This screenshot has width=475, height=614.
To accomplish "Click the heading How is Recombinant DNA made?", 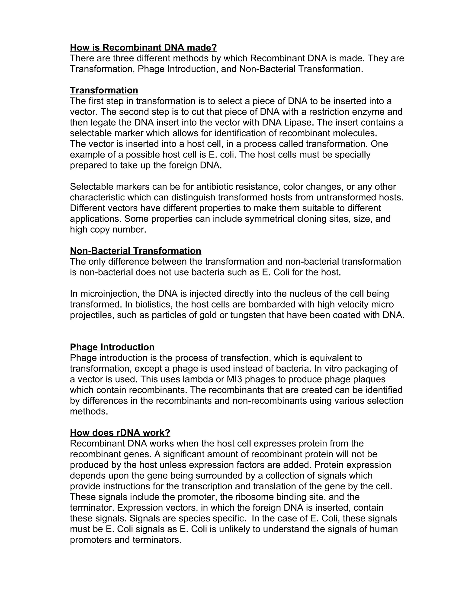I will click(x=143, y=47).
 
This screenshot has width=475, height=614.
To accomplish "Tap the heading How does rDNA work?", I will click(x=120, y=433).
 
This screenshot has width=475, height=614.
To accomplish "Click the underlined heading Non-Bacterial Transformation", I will click(x=135, y=251).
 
